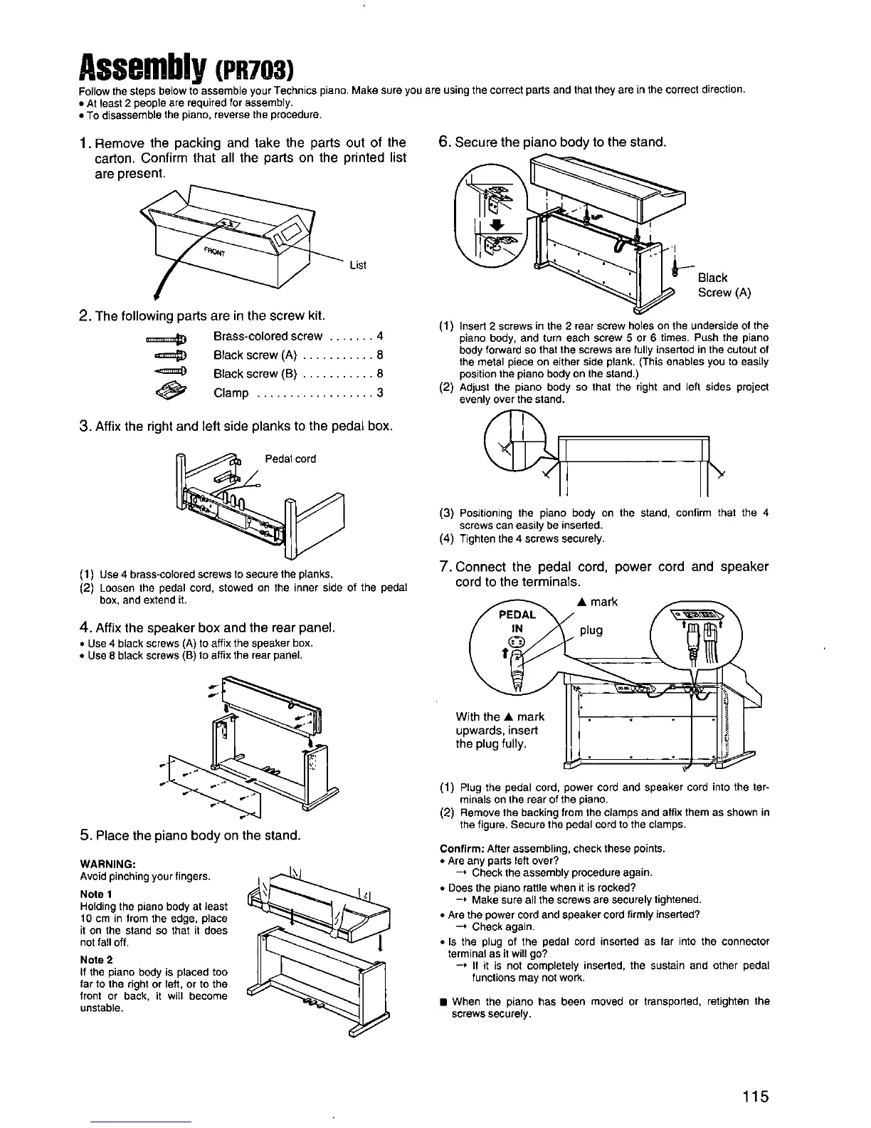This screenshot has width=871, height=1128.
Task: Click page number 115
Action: tap(753, 1096)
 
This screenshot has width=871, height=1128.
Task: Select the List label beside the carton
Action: tap(358, 266)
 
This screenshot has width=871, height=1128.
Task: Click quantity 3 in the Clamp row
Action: tap(381, 393)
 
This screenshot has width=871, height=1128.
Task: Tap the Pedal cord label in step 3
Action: tap(290, 459)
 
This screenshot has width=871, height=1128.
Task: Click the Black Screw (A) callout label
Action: tap(724, 285)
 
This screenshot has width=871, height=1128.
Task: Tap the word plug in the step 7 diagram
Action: tap(591, 630)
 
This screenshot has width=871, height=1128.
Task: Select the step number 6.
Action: tap(443, 142)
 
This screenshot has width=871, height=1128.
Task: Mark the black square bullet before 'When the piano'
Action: tap(443, 1001)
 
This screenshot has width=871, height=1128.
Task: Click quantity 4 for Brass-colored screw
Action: tap(381, 336)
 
